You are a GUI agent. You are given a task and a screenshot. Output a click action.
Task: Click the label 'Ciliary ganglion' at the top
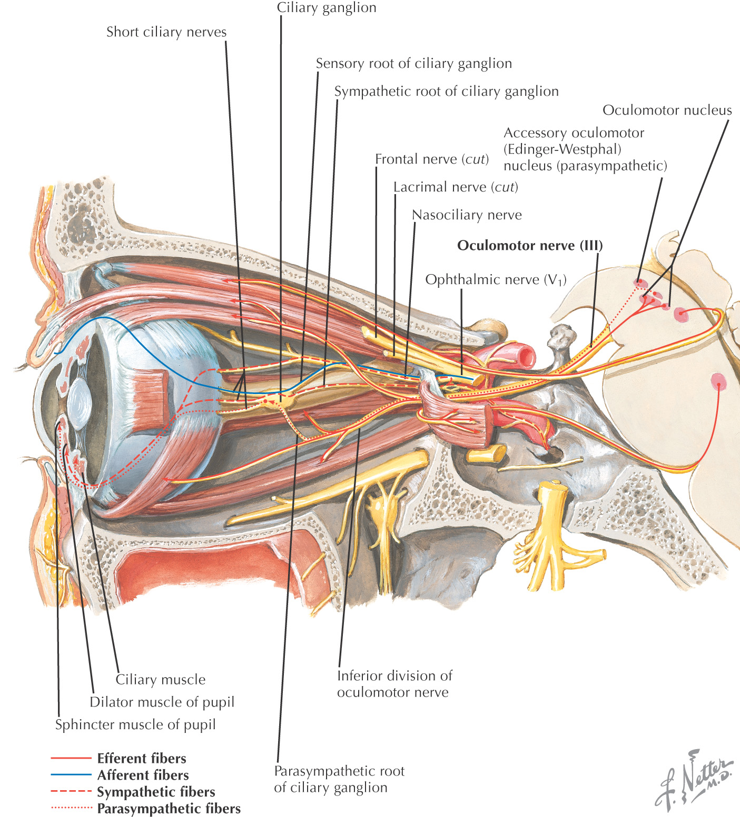[327, 8]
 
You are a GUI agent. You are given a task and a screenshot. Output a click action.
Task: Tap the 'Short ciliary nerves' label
[166, 32]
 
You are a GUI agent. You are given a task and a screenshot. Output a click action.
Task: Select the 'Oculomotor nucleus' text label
[667, 110]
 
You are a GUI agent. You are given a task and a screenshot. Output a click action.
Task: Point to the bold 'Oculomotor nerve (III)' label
[530, 246]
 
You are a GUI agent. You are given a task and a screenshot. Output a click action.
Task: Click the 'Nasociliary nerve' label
[467, 215]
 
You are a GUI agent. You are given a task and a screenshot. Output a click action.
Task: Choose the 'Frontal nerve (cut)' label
[432, 159]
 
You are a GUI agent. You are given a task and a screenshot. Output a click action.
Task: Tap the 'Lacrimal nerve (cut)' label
[456, 187]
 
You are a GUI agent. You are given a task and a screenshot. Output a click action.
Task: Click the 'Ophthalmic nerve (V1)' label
[496, 280]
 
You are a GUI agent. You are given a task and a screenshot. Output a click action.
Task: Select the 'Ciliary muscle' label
[161, 680]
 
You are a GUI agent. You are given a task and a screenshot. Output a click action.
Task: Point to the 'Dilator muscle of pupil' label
[162, 702]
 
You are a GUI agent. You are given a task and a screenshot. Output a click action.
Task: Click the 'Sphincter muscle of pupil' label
[135, 725]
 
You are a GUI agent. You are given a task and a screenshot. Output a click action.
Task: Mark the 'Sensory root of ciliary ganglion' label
[413, 64]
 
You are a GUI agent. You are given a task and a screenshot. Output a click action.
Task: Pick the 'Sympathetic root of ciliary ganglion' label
[446, 92]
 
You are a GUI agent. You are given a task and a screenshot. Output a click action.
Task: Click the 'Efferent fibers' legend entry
[142, 759]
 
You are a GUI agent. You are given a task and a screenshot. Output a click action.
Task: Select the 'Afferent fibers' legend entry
[143, 775]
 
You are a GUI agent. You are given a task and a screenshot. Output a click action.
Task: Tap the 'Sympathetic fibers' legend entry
[156, 792]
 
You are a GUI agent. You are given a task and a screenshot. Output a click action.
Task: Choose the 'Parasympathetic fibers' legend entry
[169, 809]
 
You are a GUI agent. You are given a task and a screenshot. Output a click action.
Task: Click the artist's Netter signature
[694, 779]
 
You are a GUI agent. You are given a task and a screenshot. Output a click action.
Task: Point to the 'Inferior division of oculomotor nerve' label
[394, 684]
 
